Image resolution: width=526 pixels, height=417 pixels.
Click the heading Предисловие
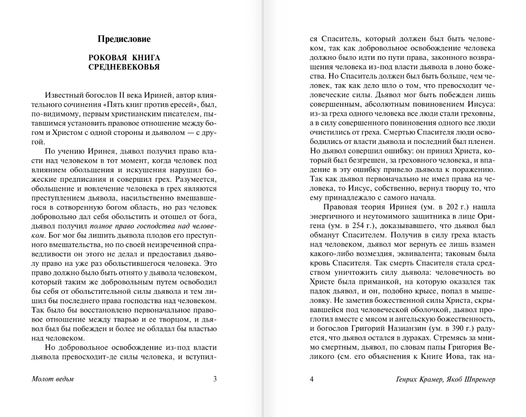coord(124,39)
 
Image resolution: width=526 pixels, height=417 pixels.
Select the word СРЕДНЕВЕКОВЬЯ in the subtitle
coord(124,67)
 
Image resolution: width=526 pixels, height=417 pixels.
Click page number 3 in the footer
coord(215,379)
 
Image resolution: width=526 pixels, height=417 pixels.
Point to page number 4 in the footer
coord(312,379)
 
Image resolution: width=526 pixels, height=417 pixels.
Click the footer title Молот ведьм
coord(53,379)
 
